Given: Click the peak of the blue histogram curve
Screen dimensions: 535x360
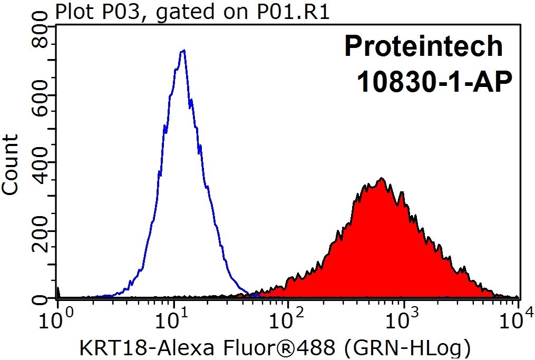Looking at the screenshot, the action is pos(184,51).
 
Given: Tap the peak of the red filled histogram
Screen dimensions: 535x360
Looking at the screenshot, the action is pos(382,178).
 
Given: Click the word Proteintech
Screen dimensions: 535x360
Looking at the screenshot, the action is pos(423,46).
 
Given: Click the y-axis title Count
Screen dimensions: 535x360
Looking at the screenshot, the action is pos(10,165).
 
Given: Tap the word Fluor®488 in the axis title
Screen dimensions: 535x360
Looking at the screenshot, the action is pos(280,348).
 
